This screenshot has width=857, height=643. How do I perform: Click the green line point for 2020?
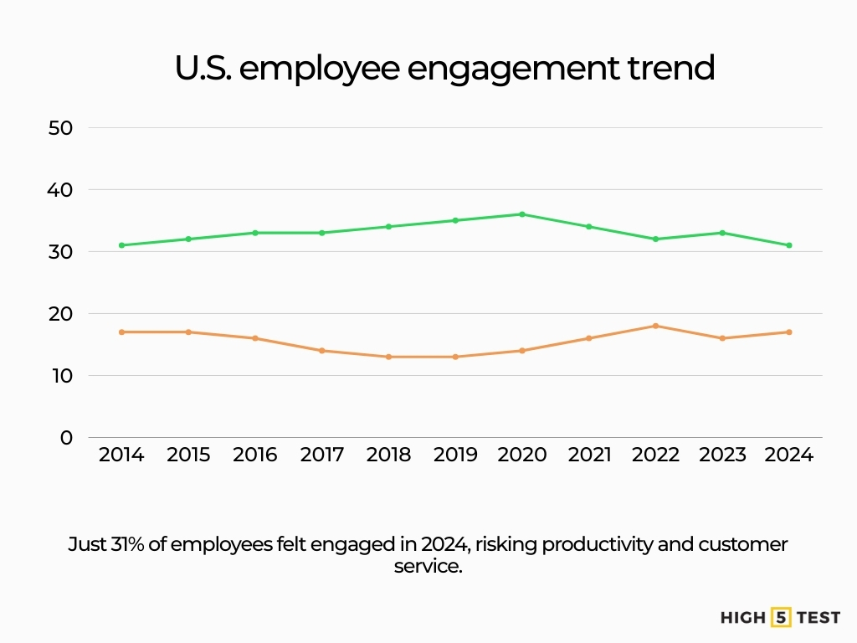[x=522, y=214]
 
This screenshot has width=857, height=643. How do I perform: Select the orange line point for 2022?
[x=655, y=326]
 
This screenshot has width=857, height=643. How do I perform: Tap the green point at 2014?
[x=121, y=245]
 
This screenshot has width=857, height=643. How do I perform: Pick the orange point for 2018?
[x=388, y=357]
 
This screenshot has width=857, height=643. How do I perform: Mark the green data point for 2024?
[x=789, y=245]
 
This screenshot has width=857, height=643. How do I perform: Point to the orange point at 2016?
[x=255, y=338]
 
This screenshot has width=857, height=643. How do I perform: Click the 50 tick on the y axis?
[x=62, y=128]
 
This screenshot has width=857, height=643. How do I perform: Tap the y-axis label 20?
[x=62, y=314]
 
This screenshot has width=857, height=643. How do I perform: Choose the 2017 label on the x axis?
[x=322, y=455]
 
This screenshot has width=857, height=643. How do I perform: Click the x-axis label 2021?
[x=589, y=455]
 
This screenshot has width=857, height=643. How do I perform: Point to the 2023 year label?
[x=722, y=455]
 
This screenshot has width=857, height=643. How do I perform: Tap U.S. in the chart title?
[x=203, y=69]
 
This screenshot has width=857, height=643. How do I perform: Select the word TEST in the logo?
[x=819, y=618]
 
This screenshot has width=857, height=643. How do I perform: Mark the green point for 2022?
[x=655, y=239]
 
